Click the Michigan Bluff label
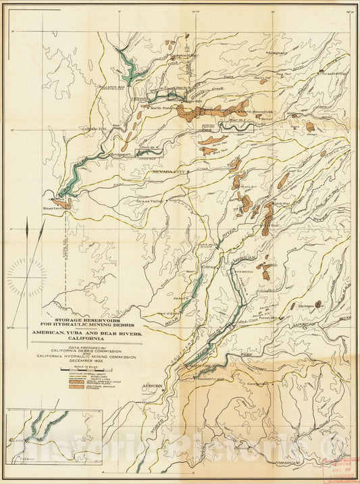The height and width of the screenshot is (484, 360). click(311, 307)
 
